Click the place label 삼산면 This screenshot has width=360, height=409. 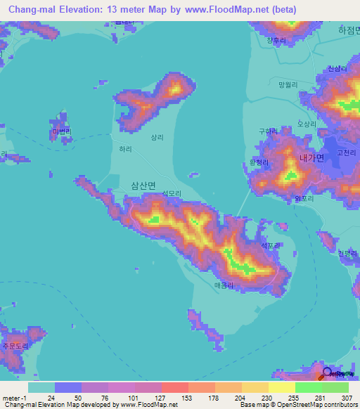[x=145, y=185]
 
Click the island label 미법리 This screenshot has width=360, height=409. [x=62, y=131]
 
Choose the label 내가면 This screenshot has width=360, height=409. [x=311, y=158]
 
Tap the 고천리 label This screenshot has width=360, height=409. [x=347, y=152]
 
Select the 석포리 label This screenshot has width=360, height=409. [x=271, y=245]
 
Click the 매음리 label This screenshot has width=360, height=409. [x=222, y=285]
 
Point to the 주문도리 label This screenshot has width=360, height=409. [x=14, y=346]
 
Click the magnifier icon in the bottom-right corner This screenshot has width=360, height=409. [x=328, y=373]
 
